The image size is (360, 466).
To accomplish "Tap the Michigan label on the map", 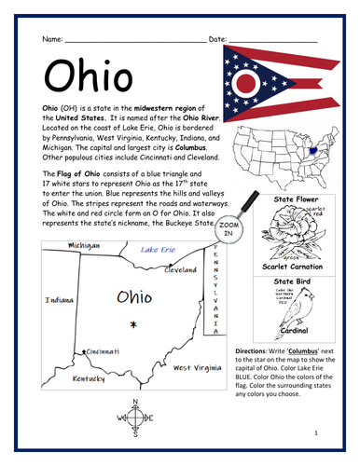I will tap(84, 245).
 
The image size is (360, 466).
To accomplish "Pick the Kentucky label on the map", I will tap(90, 379).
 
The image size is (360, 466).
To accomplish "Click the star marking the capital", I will tap(133, 324).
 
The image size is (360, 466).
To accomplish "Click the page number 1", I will tap(317, 433).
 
